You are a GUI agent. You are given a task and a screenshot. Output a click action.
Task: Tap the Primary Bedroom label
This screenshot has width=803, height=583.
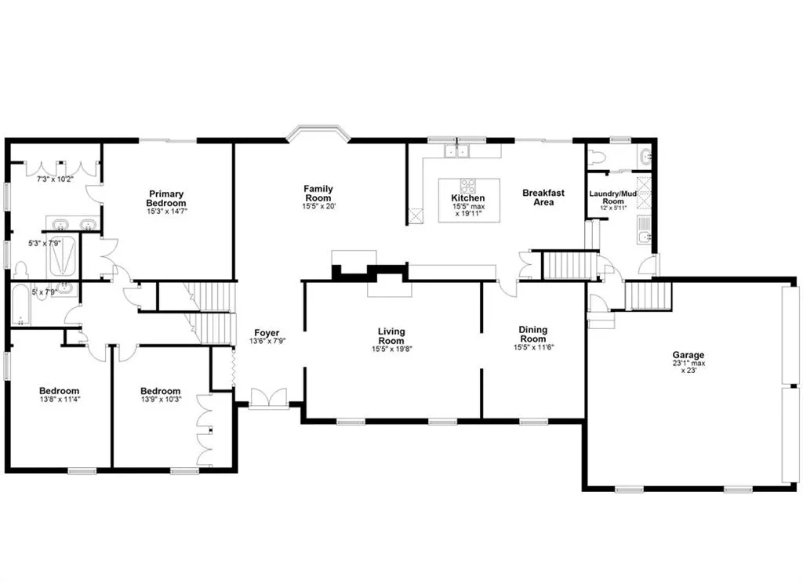[166, 198]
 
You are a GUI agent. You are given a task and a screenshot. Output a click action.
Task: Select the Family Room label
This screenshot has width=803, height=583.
[318, 193]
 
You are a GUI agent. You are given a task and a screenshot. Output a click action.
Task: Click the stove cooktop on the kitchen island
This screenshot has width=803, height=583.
[468, 186]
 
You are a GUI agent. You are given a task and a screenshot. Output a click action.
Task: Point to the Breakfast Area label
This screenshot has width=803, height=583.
[543, 197]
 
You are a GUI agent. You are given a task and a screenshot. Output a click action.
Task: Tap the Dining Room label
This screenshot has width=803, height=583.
[533, 335]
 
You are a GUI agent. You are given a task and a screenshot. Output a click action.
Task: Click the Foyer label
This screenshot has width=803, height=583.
[266, 333]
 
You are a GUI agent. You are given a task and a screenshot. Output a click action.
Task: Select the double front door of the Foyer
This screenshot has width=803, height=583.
[268, 398]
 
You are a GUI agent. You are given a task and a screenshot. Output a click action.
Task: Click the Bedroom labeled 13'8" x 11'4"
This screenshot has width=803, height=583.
[60, 391]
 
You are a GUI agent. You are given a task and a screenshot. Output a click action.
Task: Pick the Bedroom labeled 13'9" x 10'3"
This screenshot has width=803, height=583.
[160, 391]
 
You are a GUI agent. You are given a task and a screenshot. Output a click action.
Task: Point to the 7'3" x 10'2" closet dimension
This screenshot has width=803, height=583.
[54, 179]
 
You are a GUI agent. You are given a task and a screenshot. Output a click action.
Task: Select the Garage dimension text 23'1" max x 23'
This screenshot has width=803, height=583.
[687, 367]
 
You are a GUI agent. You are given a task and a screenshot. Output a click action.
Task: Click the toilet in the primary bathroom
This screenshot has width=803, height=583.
[20, 270]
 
